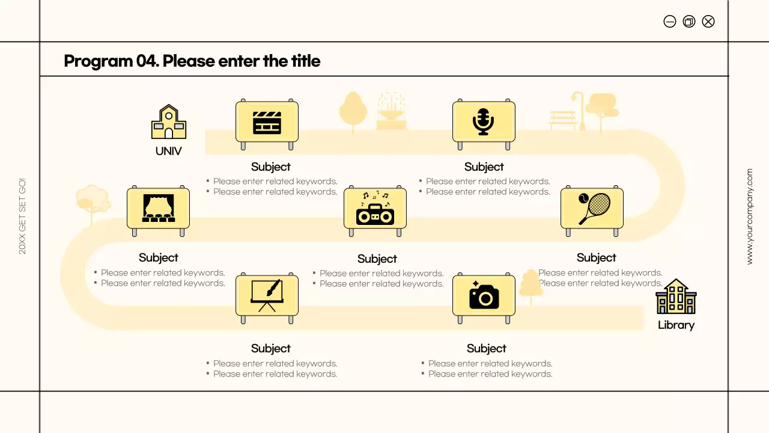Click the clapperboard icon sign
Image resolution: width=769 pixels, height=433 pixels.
(x=267, y=122)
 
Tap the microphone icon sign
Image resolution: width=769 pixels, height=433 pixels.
(x=484, y=122)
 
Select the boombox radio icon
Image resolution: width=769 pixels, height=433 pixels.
(x=375, y=209)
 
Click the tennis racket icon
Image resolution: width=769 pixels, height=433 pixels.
(x=592, y=208)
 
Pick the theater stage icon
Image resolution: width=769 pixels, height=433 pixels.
(x=158, y=208)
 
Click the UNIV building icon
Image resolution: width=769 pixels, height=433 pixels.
(x=169, y=122)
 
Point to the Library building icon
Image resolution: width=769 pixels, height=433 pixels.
(x=676, y=296)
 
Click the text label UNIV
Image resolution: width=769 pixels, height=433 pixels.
(x=169, y=152)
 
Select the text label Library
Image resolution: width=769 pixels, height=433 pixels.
(x=676, y=325)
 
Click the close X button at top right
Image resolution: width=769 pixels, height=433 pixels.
(x=708, y=22)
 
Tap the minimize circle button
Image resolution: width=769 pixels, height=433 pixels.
(x=670, y=22)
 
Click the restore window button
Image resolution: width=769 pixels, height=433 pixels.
(x=689, y=22)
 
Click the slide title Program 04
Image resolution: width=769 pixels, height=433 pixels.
(x=192, y=61)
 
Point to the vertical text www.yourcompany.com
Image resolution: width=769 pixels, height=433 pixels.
(x=749, y=216)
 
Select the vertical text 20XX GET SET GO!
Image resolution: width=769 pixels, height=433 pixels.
(x=22, y=216)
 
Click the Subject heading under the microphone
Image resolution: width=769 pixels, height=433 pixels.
(x=484, y=167)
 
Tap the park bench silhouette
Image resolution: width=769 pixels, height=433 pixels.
(x=562, y=120)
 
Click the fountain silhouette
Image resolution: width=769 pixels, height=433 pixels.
(x=391, y=112)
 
